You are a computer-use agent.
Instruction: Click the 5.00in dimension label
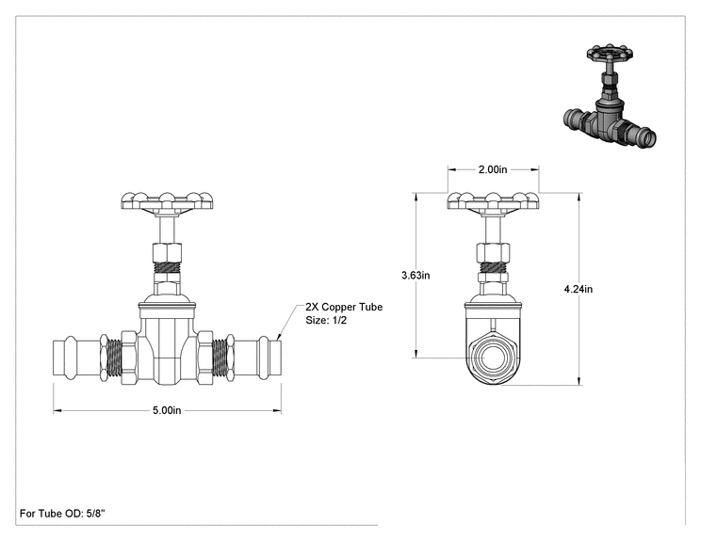(x=167, y=410)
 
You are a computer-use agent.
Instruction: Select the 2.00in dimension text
(x=493, y=169)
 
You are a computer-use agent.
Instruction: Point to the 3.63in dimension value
(x=416, y=276)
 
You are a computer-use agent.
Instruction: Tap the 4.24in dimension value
(x=579, y=289)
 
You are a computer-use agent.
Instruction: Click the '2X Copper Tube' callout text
(x=344, y=307)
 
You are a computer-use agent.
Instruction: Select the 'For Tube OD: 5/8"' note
(x=62, y=514)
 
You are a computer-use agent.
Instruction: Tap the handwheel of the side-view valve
(x=167, y=201)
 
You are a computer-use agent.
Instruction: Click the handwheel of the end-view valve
(x=493, y=201)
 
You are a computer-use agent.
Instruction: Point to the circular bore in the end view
(x=493, y=358)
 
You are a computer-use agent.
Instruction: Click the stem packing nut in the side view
(x=167, y=253)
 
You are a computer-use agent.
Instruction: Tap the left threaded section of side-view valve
(x=115, y=358)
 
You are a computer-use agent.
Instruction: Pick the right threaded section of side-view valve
(x=220, y=358)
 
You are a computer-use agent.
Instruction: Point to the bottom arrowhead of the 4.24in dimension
(x=579, y=381)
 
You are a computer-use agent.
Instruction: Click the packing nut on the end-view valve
(x=493, y=253)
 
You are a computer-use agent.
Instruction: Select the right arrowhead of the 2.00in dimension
(x=534, y=169)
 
